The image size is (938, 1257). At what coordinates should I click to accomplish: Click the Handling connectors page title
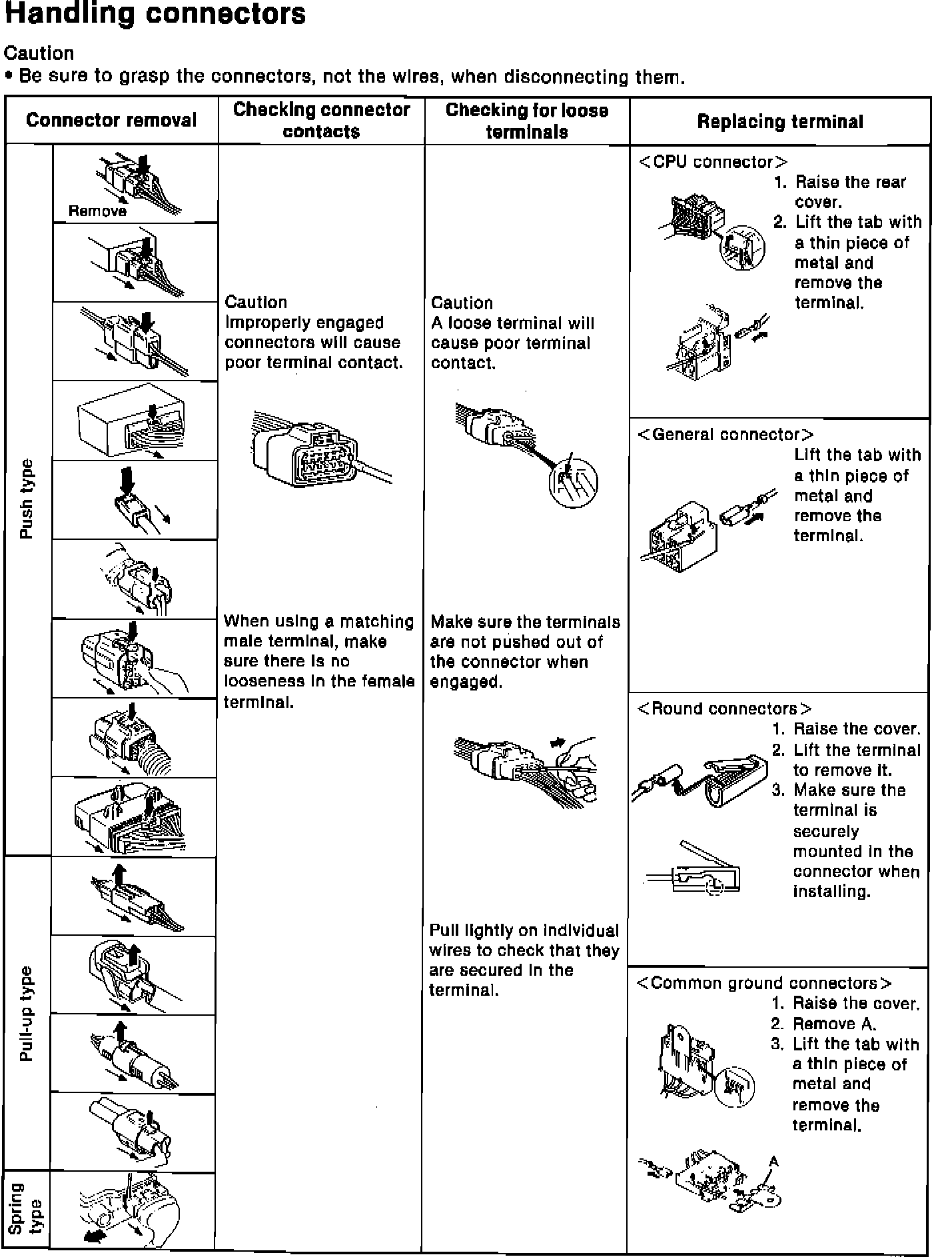coord(155,15)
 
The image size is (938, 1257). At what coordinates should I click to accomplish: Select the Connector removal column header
coord(111,121)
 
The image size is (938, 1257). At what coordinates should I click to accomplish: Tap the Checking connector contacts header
coord(322,121)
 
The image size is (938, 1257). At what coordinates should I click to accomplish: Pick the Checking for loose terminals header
coord(527,121)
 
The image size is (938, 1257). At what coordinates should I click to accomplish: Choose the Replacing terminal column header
coord(780,122)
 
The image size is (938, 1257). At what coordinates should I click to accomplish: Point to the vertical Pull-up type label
coord(27,1013)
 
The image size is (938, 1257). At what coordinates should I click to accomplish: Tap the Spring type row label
coord(27,1209)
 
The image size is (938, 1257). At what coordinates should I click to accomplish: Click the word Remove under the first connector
coord(97,211)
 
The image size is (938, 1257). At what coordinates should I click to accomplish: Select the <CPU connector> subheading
coord(713,163)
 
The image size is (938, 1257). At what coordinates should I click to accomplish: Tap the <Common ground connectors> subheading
coord(764,984)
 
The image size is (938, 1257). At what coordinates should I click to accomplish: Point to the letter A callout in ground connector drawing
coord(773,1162)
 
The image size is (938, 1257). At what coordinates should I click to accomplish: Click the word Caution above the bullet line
coord(39,53)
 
